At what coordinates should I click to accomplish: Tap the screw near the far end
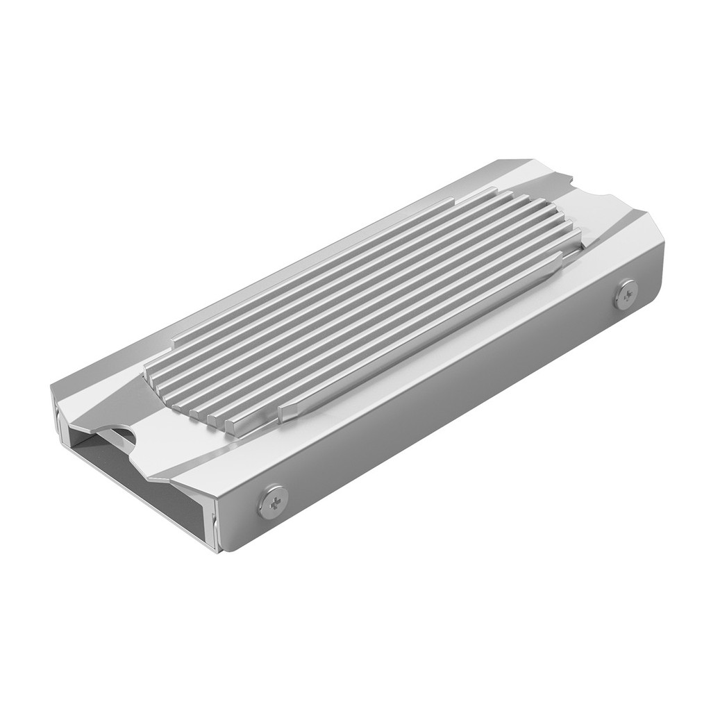(626, 294)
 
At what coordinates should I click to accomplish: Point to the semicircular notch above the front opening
(119, 437)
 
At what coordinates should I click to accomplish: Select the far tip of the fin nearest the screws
(560, 259)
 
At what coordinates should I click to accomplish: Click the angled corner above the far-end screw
(653, 229)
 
